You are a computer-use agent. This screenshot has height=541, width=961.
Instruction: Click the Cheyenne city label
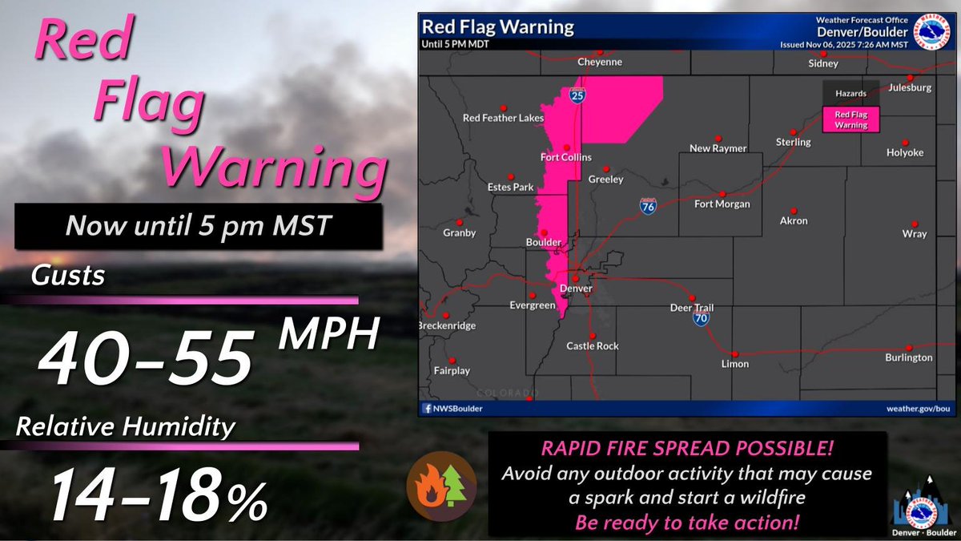click(x=600, y=62)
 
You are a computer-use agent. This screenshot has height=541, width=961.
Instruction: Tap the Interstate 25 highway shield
click(x=577, y=95)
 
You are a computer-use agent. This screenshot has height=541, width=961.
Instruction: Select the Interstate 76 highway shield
click(x=648, y=207)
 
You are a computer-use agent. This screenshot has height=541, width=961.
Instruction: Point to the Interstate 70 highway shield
click(x=702, y=318)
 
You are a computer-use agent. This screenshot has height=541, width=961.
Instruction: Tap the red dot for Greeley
click(x=607, y=169)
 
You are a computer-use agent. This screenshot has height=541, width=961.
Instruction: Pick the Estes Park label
click(x=510, y=187)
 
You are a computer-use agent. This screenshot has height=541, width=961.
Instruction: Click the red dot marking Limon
click(x=734, y=353)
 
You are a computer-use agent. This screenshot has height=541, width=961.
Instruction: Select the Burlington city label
click(x=909, y=357)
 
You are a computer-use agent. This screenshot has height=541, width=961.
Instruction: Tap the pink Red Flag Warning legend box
click(x=851, y=119)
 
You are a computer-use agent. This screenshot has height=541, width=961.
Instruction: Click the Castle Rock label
click(x=593, y=346)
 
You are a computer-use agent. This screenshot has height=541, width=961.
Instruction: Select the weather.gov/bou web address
click(x=918, y=409)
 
